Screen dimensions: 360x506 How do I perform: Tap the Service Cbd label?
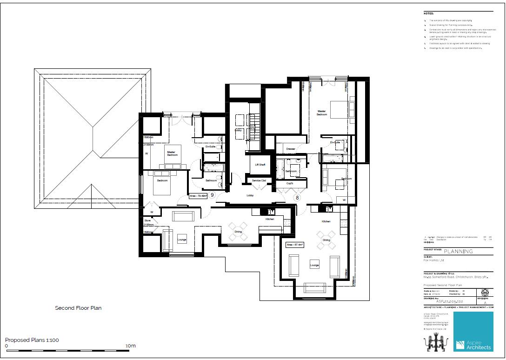click(259, 180)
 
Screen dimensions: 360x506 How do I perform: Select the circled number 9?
click(212, 195)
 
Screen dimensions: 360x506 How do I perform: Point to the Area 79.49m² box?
click(198, 196)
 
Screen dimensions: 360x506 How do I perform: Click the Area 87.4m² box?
click(295, 245)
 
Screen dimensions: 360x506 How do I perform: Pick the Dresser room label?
click(291, 149)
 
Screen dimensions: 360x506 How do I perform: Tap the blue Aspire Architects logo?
click(473, 331)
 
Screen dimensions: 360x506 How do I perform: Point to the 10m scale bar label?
click(130, 346)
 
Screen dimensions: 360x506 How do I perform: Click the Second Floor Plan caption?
click(78, 308)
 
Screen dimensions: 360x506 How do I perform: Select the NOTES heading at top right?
click(429, 14)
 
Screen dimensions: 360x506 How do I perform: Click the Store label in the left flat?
click(147, 220)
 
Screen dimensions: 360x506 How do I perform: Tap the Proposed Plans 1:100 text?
click(32, 340)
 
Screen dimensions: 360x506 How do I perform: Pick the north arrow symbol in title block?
click(485, 293)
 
